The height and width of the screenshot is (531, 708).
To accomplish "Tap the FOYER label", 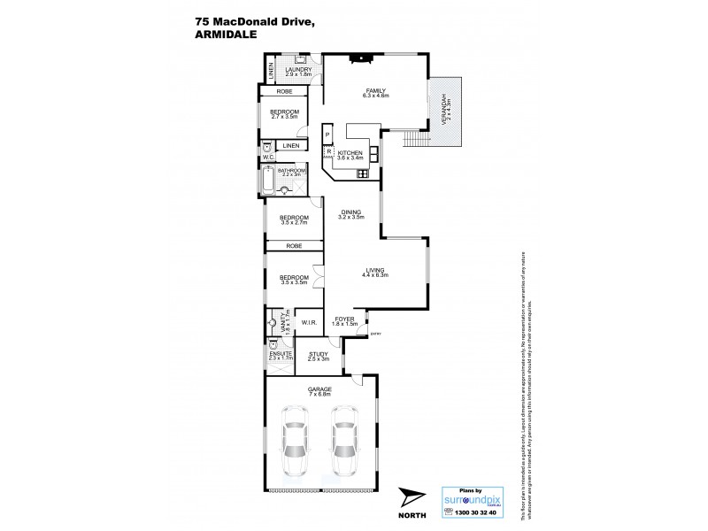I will pos(345,320).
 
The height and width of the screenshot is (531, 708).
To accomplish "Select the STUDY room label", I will pos(318,355).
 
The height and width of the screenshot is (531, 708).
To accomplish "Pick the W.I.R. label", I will pos(309,323).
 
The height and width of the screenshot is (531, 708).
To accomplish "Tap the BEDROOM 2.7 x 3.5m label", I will pos(285,112).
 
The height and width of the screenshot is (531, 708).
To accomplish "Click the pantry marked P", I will pos(327,135).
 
